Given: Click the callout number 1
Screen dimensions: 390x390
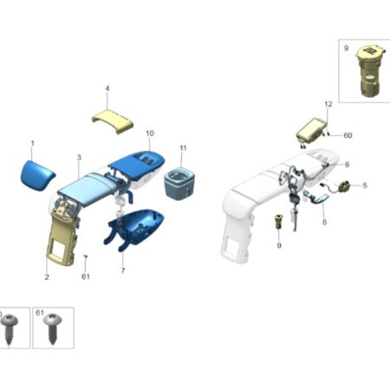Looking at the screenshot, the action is coord(33,143).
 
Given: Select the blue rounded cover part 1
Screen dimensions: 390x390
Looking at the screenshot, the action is coord(37,175).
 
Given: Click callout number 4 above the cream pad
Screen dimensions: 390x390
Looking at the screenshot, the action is coord(107,88).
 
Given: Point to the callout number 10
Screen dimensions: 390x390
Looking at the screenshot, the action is coord(150,133).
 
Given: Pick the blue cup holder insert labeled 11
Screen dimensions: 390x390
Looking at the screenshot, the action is coord(179,184).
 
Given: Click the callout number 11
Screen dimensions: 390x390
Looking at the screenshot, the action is coord(183,148).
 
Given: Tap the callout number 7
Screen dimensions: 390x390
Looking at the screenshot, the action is coord(123,270).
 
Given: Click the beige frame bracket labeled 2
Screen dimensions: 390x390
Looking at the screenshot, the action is coord(62,234).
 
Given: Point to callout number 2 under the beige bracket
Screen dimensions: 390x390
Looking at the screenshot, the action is coord(47,276).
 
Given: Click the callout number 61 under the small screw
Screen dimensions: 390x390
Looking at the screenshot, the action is coord(86,276).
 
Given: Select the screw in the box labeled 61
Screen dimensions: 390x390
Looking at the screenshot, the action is coord(52,328).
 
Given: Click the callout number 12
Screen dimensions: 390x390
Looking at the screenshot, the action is coord(328,104).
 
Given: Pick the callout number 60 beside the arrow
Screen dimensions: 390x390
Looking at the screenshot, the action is coord(348,135).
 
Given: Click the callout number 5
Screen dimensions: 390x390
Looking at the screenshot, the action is coord(365,185).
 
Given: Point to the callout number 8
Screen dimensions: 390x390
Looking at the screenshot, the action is coord(324,222).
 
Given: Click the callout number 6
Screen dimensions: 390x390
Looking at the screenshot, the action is coord(348,165).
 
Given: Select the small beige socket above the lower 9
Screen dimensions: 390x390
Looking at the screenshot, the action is coord(278,222).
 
